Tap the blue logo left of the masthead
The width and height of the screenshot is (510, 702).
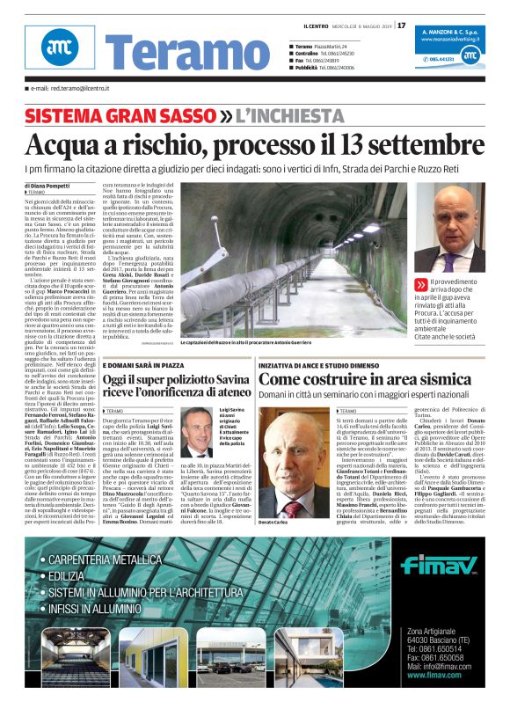point(59,49)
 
